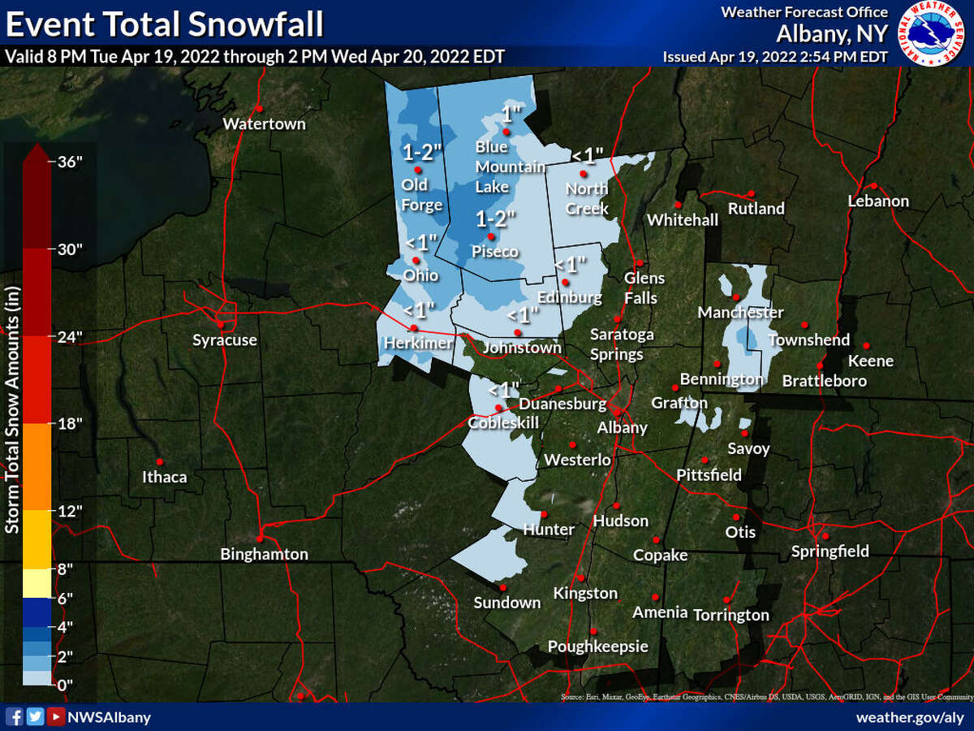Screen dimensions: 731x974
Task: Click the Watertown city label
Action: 264,124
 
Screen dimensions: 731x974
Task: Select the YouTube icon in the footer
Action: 55,716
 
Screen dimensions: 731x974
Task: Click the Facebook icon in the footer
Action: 15,716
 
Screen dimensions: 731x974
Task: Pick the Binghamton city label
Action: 265,555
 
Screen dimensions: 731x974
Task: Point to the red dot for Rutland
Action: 752,193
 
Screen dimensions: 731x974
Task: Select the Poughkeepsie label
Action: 598,647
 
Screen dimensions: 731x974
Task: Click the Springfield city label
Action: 830,551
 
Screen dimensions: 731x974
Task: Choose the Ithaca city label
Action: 164,477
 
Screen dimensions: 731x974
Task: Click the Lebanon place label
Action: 878,201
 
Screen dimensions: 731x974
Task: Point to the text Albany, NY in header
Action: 832,34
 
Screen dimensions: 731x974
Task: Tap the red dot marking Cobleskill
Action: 498,408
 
